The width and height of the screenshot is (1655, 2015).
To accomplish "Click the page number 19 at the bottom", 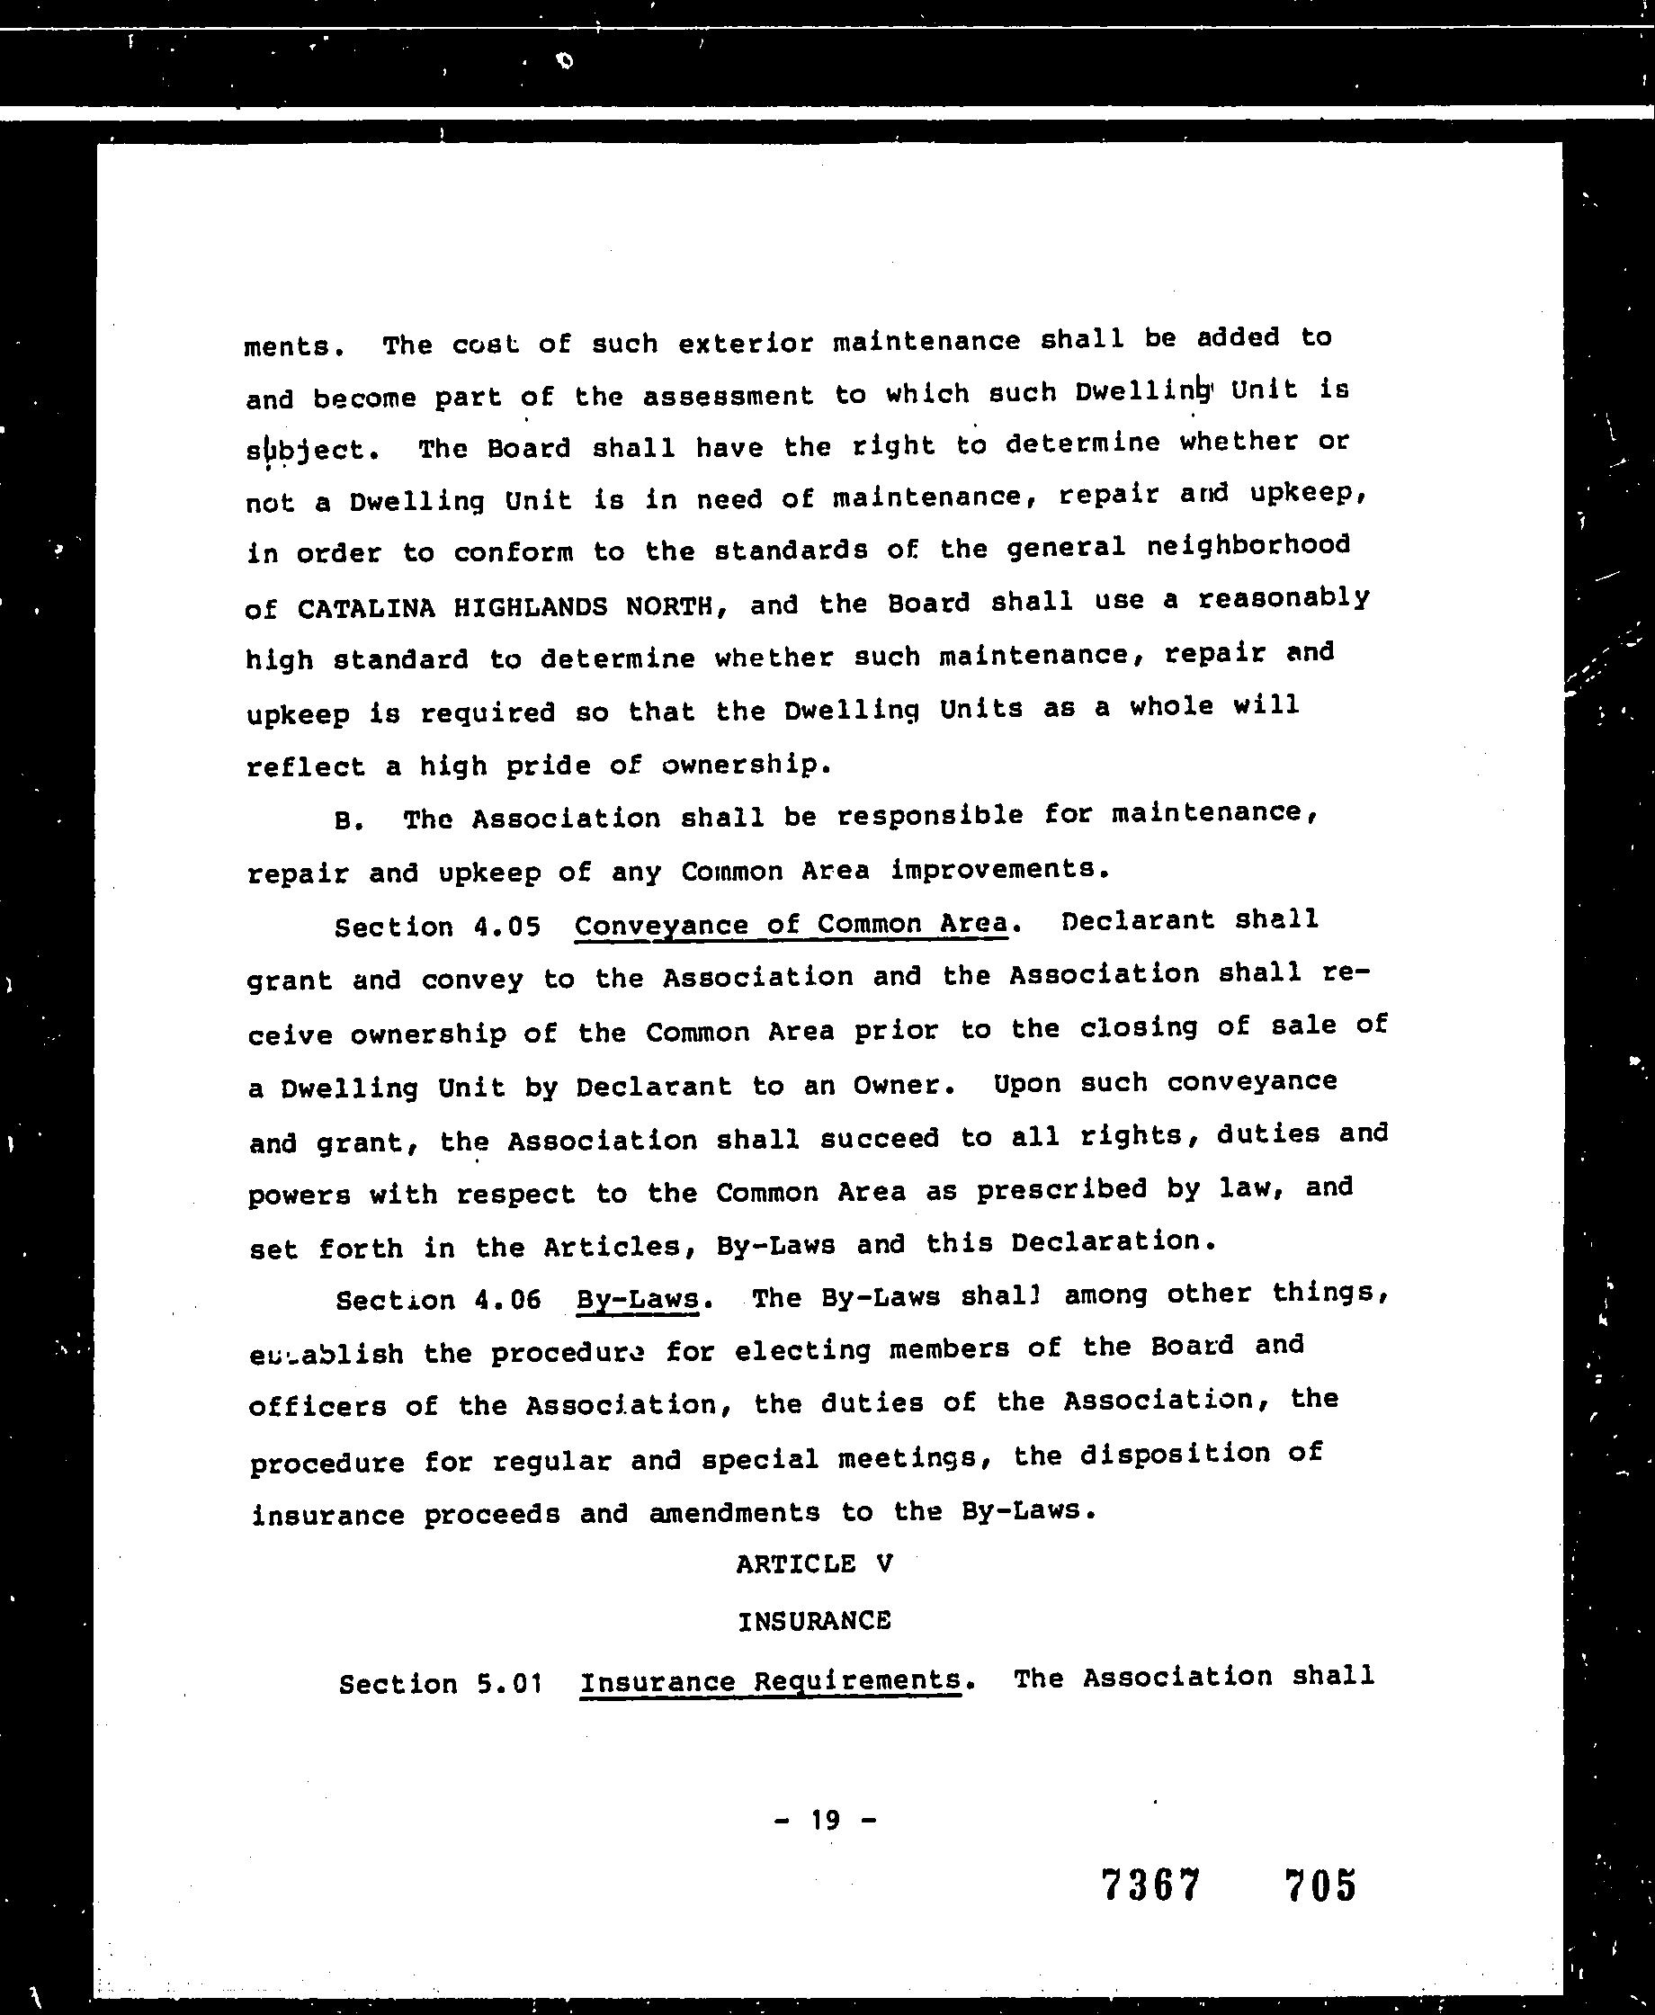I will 826,1821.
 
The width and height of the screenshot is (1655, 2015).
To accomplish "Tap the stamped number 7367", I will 1150,1885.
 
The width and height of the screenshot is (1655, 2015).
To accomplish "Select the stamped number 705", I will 1320,1885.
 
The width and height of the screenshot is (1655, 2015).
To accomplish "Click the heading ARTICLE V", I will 814,1564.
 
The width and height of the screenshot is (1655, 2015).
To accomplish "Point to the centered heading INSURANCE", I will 814,1621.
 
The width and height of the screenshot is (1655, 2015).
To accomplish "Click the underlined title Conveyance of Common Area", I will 792,925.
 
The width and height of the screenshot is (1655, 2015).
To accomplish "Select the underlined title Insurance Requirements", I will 770,1680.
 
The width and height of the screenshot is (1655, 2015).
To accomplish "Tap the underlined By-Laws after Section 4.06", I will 638,1300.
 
